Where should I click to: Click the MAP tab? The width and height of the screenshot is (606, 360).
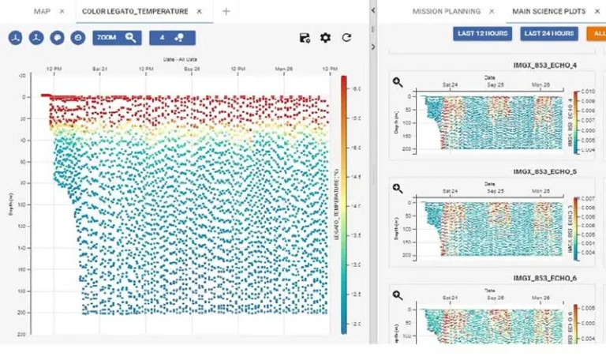tap(42, 11)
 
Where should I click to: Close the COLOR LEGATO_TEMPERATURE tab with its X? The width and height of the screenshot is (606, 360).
tap(199, 11)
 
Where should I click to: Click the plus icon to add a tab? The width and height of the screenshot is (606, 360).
tap(226, 11)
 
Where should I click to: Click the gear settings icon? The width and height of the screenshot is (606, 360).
tap(325, 37)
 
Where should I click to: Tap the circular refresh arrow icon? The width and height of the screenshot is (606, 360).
tap(346, 37)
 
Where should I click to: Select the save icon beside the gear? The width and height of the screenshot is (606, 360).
tap(305, 37)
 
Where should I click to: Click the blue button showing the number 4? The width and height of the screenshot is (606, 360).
tap(171, 37)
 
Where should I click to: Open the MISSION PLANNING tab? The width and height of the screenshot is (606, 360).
tap(446, 11)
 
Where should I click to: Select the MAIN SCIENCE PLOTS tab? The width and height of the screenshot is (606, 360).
tap(544, 11)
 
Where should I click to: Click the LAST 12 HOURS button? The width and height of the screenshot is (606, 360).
tap(482, 33)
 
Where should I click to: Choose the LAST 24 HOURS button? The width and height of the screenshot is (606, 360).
tap(548, 33)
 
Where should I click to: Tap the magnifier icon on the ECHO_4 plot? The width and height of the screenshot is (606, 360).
tap(398, 82)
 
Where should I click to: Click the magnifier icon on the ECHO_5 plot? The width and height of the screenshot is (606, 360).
tap(398, 188)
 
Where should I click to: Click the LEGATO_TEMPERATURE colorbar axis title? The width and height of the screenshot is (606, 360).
tap(335, 205)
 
